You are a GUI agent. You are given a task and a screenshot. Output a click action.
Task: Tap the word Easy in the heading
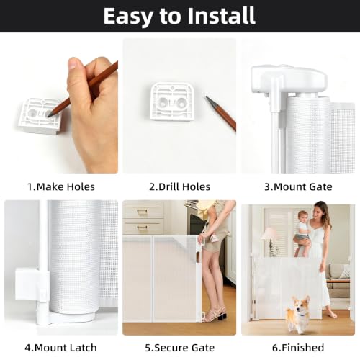point(128,17)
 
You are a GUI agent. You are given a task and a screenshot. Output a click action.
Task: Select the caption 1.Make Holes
point(61,186)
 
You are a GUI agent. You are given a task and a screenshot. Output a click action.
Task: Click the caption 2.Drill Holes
point(180,186)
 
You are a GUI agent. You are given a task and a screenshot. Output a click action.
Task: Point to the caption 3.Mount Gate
point(298,186)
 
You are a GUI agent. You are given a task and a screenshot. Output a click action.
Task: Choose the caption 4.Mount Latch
point(60,348)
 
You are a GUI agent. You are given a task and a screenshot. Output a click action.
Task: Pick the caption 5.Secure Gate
point(180,348)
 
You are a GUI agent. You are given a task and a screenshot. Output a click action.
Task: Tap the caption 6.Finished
point(298,348)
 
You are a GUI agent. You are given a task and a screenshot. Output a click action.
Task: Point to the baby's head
point(303,217)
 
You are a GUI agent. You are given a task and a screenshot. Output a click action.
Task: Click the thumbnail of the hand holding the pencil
point(61,106)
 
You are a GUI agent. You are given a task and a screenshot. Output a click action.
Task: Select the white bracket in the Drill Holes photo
point(172,101)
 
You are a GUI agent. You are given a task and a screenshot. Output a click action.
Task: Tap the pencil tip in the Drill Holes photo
point(207,98)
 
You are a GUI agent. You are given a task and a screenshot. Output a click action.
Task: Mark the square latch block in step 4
point(27,284)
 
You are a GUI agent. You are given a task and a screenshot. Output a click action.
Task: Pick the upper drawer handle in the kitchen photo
point(143,211)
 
